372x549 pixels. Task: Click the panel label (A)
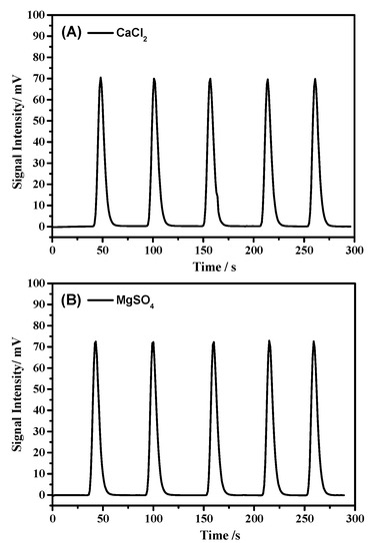coord(70,32)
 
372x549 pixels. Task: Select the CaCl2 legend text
coord(133,32)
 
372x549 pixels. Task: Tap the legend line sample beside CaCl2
coord(99,32)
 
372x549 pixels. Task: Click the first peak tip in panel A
coord(101,78)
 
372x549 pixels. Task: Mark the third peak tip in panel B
coord(213,342)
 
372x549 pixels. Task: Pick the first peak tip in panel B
coord(96,341)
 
